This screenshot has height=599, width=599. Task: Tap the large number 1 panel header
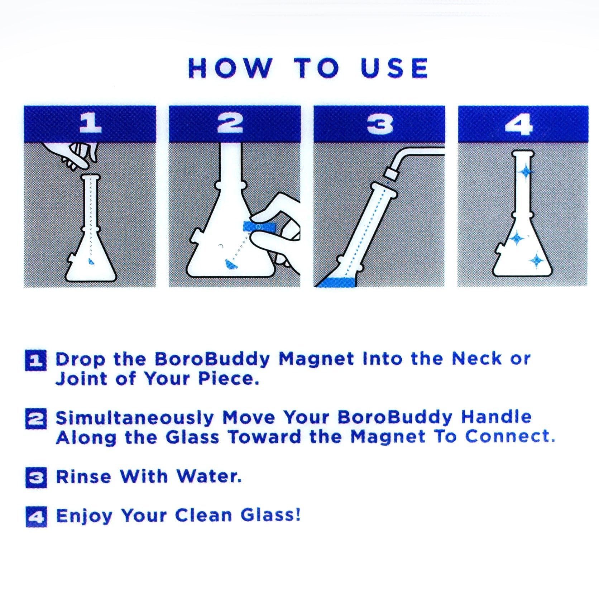(90, 124)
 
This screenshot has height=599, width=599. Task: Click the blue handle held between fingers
(259, 226)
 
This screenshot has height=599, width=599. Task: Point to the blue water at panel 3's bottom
(337, 283)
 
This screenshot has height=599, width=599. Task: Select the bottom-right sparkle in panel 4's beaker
(536, 261)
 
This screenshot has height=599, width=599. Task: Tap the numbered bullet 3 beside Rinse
(36, 478)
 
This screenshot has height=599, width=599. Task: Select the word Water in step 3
(209, 477)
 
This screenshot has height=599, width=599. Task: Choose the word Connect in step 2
(509, 437)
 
